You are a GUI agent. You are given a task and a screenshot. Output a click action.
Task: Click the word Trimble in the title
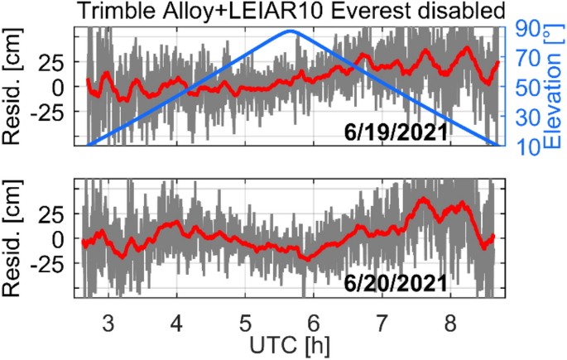point(121,12)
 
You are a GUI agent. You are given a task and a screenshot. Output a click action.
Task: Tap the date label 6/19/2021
point(396,132)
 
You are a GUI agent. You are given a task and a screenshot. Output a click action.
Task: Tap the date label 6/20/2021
point(396,283)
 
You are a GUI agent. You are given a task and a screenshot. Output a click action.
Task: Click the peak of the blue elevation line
point(292,31)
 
